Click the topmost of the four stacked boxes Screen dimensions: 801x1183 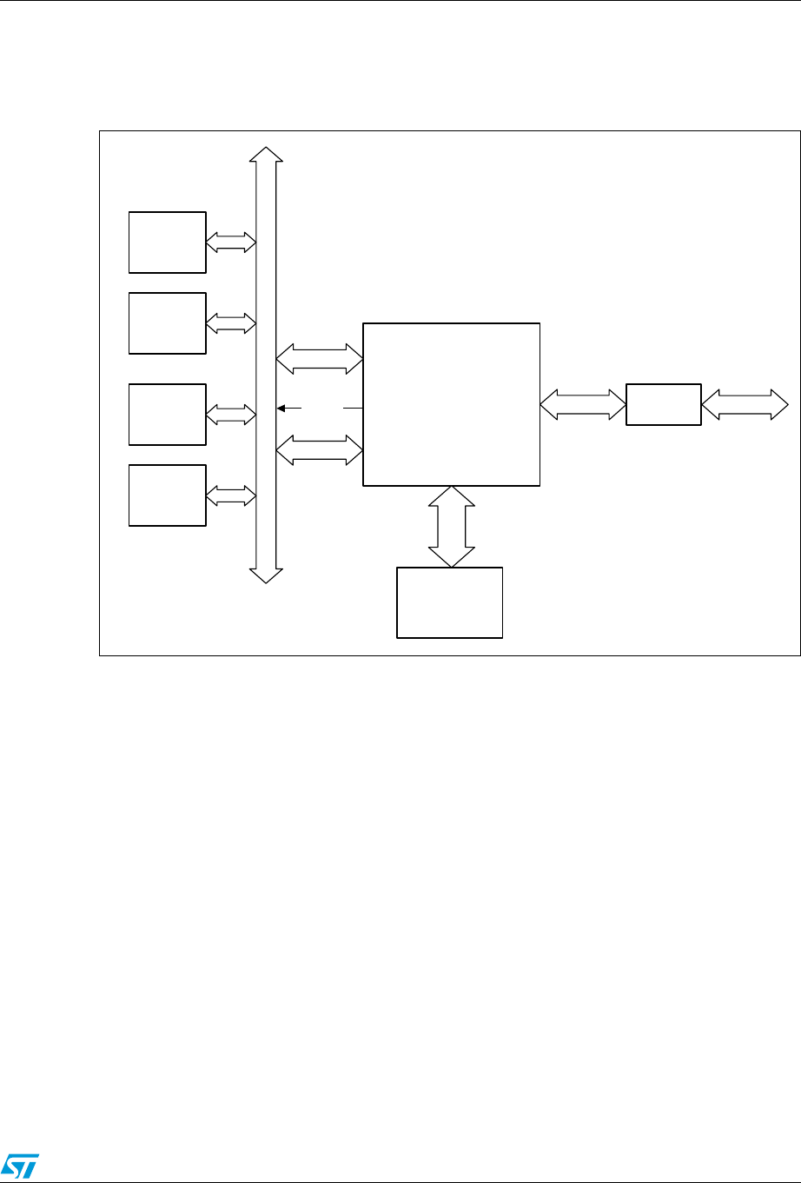click(168, 242)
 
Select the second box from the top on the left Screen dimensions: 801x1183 click(168, 323)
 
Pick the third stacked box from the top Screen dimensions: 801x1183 click(168, 413)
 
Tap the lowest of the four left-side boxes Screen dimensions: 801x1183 click(168, 495)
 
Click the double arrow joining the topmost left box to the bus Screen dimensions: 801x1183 click(231, 243)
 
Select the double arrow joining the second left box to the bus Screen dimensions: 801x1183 click(231, 324)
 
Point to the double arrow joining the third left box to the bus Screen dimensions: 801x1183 click(231, 414)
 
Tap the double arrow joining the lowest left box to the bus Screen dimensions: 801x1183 click(231, 496)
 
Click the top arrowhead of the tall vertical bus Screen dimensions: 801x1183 click(266, 153)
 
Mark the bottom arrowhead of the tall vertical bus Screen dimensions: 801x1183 click(266, 575)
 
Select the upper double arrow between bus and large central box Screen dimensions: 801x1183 click(319, 359)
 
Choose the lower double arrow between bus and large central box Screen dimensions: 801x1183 click(319, 449)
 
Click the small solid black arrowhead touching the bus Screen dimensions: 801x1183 click(281, 407)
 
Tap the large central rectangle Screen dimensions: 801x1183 click(451, 404)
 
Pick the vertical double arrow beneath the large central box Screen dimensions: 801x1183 click(452, 526)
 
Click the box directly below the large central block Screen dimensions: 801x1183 click(450, 602)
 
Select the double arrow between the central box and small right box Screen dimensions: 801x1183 click(583, 404)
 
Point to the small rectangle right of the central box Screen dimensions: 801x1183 click(664, 404)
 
